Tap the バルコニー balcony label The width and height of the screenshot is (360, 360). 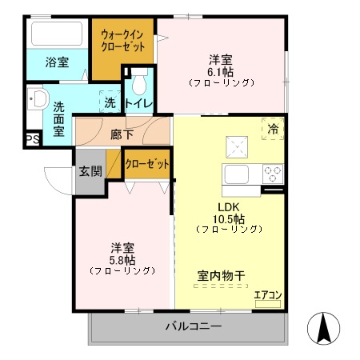(194, 326)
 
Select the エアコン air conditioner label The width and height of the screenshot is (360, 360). (267, 295)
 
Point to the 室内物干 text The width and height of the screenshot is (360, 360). (221, 277)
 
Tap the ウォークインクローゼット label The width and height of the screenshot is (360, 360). (122, 41)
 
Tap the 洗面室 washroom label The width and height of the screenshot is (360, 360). (60, 118)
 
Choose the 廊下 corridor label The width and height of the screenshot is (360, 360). (122, 134)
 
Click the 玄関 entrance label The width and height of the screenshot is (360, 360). (90, 170)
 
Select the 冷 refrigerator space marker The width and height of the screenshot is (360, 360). (273, 129)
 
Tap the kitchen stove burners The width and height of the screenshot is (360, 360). (273, 173)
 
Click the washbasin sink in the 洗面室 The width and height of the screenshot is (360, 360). (37, 100)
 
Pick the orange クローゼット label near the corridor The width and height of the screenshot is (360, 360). (148, 164)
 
